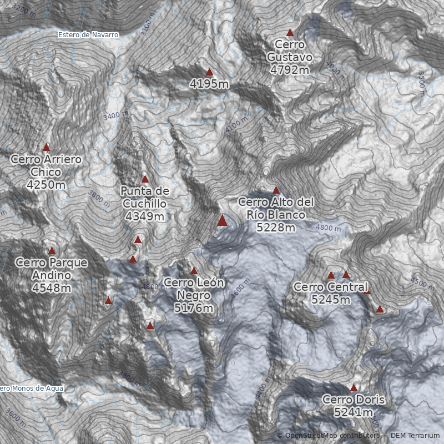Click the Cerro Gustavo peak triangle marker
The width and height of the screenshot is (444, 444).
(289, 33)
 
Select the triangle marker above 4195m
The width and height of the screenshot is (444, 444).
(209, 72)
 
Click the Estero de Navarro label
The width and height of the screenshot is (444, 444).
(88, 35)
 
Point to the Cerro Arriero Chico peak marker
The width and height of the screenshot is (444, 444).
(46, 148)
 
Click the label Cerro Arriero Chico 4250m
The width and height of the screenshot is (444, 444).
(46, 171)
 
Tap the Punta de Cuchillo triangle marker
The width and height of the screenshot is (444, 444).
(145, 179)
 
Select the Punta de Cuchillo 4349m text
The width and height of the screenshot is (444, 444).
(144, 203)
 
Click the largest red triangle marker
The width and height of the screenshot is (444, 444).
(222, 221)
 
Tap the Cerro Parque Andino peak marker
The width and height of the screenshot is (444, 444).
(52, 251)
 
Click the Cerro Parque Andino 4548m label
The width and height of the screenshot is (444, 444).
(52, 275)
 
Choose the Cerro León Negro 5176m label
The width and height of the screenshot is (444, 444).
(194, 295)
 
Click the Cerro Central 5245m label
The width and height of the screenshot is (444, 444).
(330, 293)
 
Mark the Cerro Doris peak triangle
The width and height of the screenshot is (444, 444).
(354, 388)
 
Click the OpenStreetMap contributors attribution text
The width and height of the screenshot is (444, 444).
(327, 436)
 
